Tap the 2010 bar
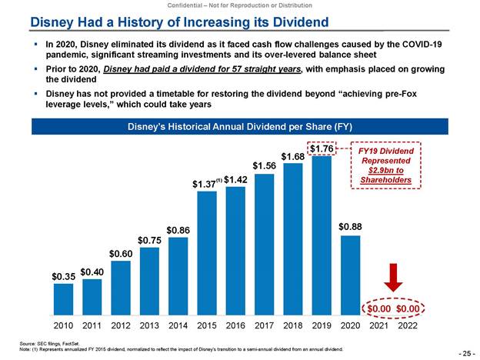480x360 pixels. (63, 294)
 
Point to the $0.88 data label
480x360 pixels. (350, 227)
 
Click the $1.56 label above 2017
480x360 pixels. (264, 165)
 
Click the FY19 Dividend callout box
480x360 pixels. (385, 165)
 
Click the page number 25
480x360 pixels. (464, 352)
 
